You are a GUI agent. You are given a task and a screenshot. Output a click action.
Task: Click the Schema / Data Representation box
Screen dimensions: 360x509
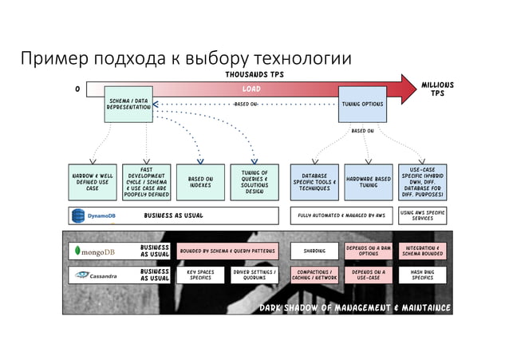tap(129, 104)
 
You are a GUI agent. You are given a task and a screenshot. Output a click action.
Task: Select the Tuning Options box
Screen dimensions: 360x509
tap(362, 104)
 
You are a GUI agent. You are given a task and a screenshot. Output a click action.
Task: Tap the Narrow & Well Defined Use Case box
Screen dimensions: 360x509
tap(93, 181)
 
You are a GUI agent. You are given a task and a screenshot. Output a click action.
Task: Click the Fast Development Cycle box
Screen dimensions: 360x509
tap(146, 181)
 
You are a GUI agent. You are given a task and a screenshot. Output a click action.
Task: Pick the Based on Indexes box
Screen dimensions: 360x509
tap(199, 181)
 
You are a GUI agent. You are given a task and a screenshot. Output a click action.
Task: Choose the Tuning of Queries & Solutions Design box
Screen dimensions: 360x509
tap(254, 181)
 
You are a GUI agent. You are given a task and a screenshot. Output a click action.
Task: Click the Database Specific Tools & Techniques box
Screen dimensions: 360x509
tap(314, 181)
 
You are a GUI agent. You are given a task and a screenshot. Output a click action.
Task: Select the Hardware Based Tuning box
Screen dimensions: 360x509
tap(368, 181)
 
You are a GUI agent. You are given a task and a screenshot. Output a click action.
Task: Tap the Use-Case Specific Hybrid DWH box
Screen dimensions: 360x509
tap(422, 181)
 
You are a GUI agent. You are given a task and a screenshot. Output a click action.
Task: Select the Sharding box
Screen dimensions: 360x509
tap(314, 251)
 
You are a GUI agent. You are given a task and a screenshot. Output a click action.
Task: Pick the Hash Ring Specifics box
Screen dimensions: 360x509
tap(422, 275)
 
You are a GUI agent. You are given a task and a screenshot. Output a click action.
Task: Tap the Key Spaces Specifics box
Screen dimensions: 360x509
tap(200, 275)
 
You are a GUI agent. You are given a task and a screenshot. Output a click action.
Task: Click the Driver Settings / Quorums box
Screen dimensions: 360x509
tap(254, 275)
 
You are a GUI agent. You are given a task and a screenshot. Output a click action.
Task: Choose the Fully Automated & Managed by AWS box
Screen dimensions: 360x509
tap(341, 216)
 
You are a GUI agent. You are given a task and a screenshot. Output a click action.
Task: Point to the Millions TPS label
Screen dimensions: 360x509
tap(437, 89)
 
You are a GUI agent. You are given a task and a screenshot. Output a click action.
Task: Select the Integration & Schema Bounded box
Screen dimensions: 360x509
tap(422, 251)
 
